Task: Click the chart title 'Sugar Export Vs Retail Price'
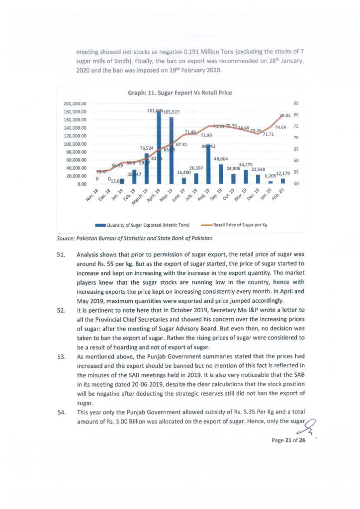tap(180, 92)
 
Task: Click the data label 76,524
tap(146, 148)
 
